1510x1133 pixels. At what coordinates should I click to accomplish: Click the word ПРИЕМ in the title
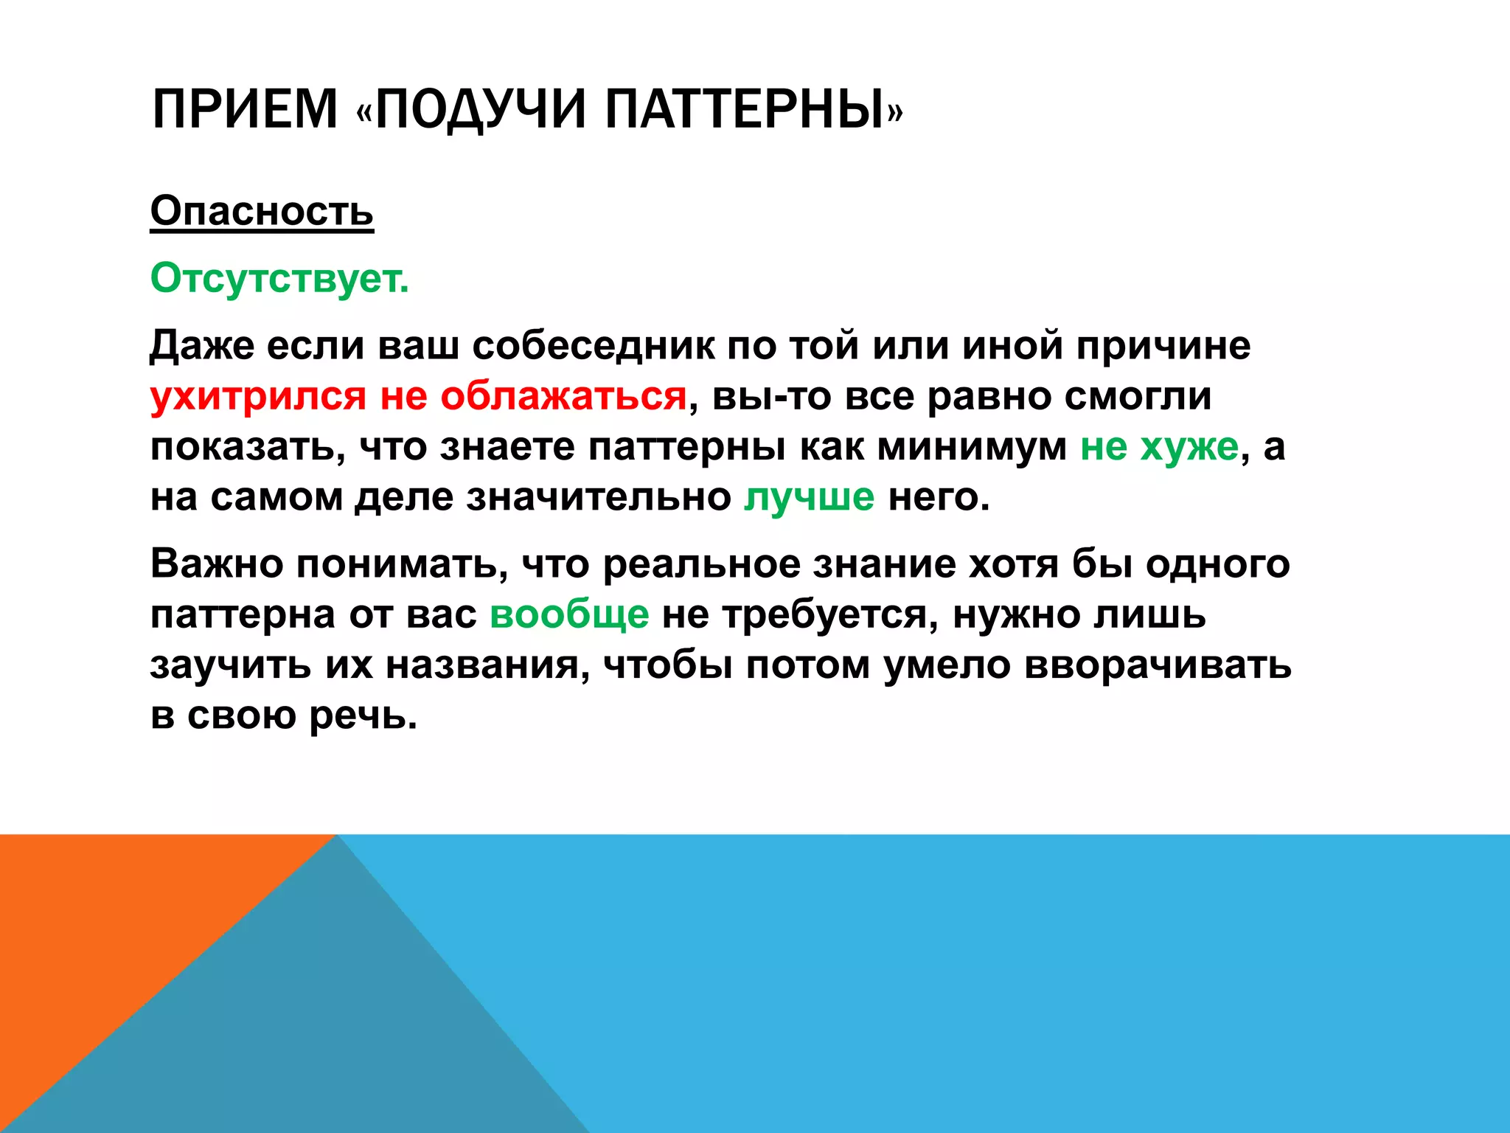coord(244,109)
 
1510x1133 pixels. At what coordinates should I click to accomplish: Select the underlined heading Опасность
coord(262,211)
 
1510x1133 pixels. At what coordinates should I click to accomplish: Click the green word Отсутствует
coord(279,278)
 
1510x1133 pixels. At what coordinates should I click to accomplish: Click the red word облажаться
coord(563,396)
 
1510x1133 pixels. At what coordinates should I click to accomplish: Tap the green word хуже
coord(1189,446)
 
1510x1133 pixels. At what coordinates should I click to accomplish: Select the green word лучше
coord(809,496)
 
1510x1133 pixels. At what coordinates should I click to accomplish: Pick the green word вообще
coord(569,614)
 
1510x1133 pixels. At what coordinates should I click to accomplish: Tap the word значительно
coord(598,496)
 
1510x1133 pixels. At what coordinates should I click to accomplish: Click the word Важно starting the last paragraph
coord(217,564)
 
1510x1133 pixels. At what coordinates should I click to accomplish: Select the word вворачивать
coord(1157,664)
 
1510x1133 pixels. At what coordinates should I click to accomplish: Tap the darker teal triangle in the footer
coord(332,1033)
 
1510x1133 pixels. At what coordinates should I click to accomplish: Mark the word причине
coord(1163,345)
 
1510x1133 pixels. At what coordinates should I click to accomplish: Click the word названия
coord(487,664)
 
